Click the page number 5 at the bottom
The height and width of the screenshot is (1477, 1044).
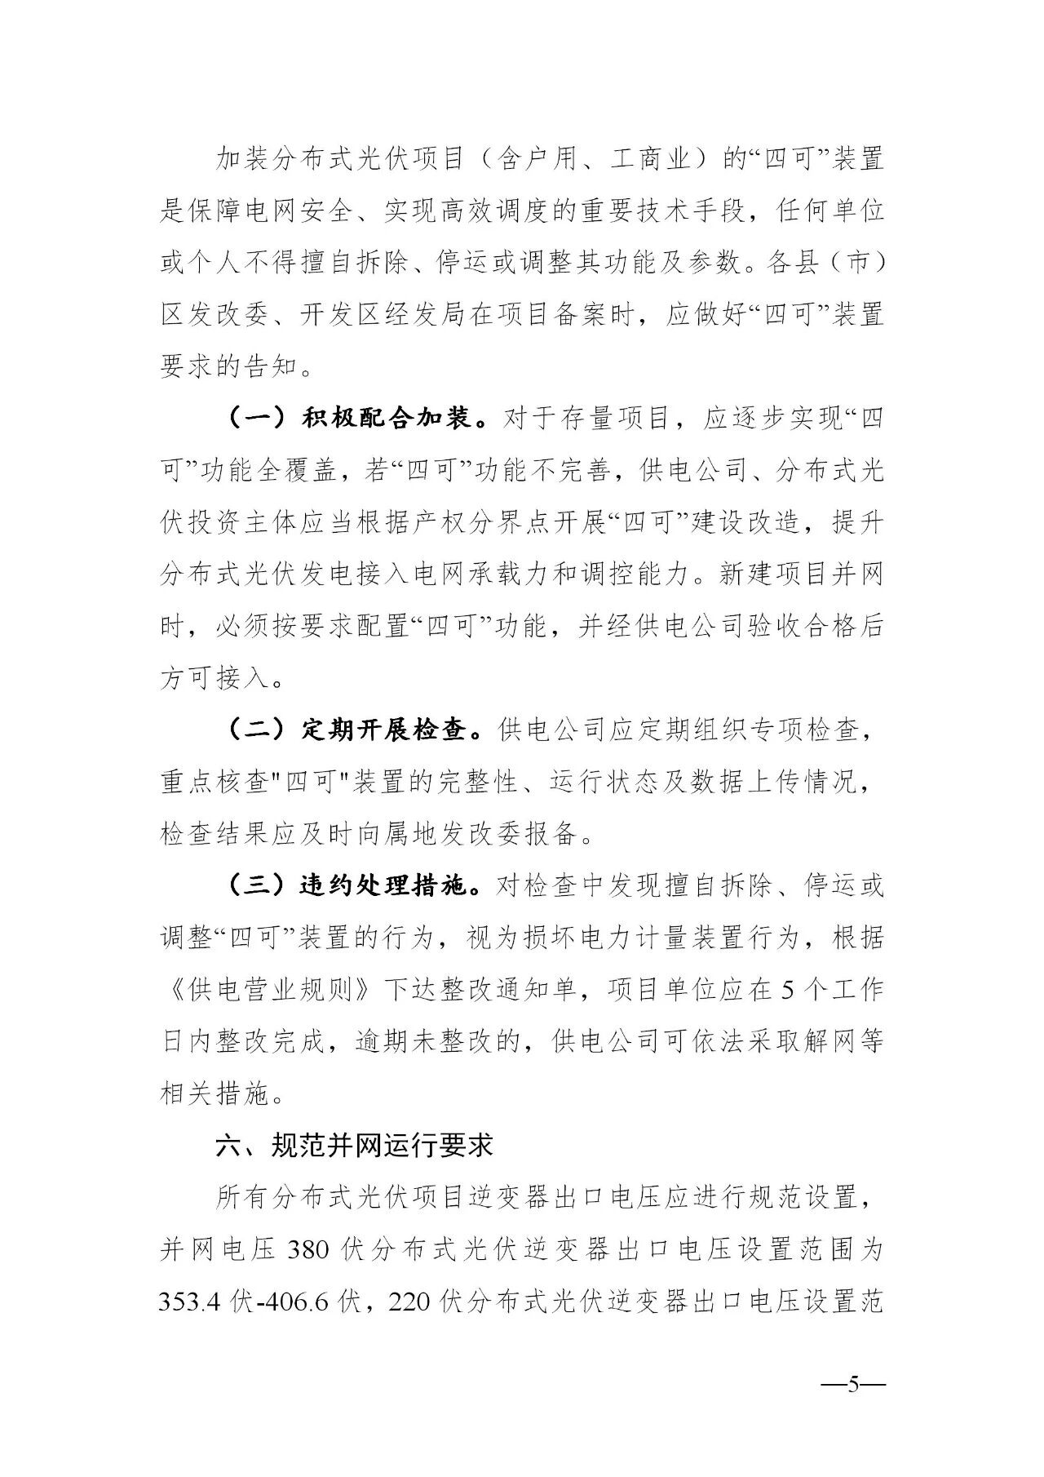[x=854, y=1385]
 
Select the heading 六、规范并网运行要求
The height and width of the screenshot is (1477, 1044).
[x=354, y=1146]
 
